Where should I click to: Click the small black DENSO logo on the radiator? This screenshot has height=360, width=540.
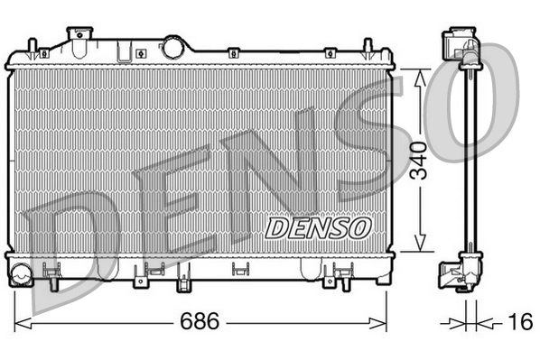coord(317,226)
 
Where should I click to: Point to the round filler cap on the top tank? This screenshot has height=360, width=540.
coord(172,45)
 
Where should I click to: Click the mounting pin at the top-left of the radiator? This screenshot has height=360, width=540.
coord(33,48)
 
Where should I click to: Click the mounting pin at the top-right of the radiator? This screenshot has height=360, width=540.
coord(368,48)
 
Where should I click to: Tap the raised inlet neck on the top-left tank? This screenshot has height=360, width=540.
coord(80,36)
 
